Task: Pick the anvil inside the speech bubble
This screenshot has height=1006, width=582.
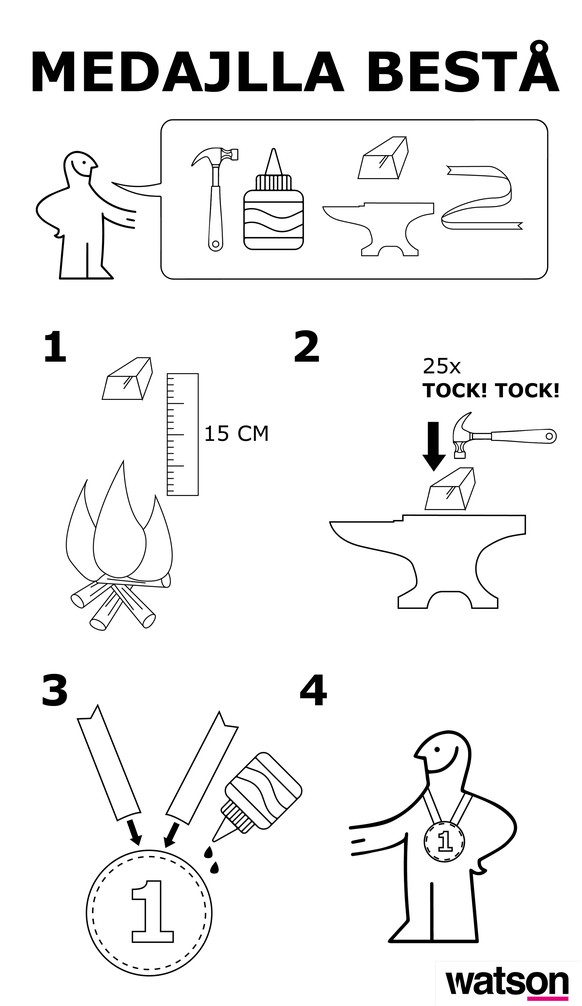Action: pos(377,228)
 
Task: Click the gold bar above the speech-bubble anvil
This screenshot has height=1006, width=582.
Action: pos(383,157)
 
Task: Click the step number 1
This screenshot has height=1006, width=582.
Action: pos(55,347)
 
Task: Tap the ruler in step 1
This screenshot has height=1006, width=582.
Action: pos(183,434)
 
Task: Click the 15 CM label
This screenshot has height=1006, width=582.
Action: pos(236,434)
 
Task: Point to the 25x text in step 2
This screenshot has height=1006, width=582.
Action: pos(441,367)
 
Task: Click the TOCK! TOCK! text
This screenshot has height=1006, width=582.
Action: pos(490,391)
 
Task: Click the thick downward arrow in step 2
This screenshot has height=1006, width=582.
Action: pos(434,447)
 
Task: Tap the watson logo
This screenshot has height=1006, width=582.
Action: pos(507,984)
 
